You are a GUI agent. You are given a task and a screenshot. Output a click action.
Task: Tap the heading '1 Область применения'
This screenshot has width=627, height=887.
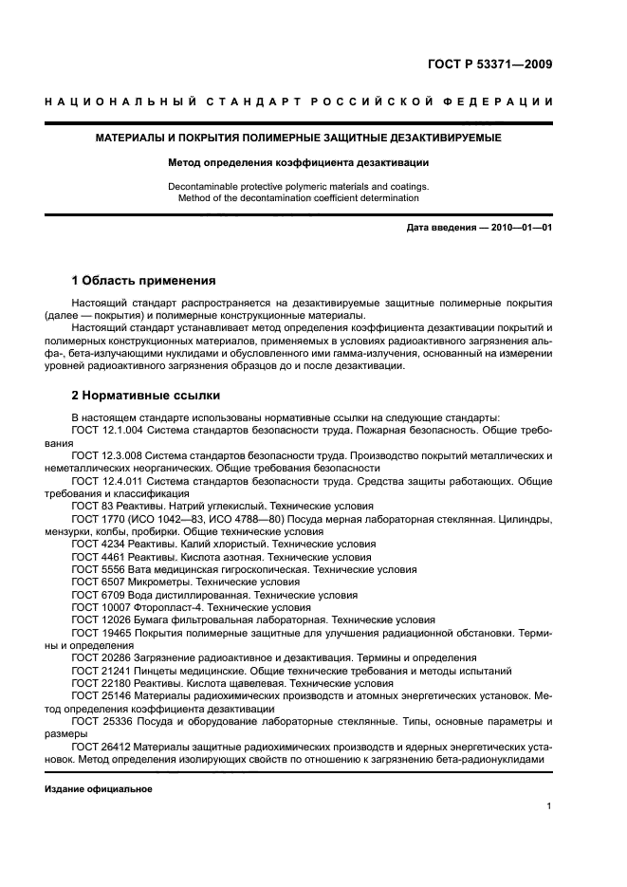click(143, 281)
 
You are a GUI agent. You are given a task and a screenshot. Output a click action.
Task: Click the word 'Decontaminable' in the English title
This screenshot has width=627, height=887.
click(205, 186)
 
